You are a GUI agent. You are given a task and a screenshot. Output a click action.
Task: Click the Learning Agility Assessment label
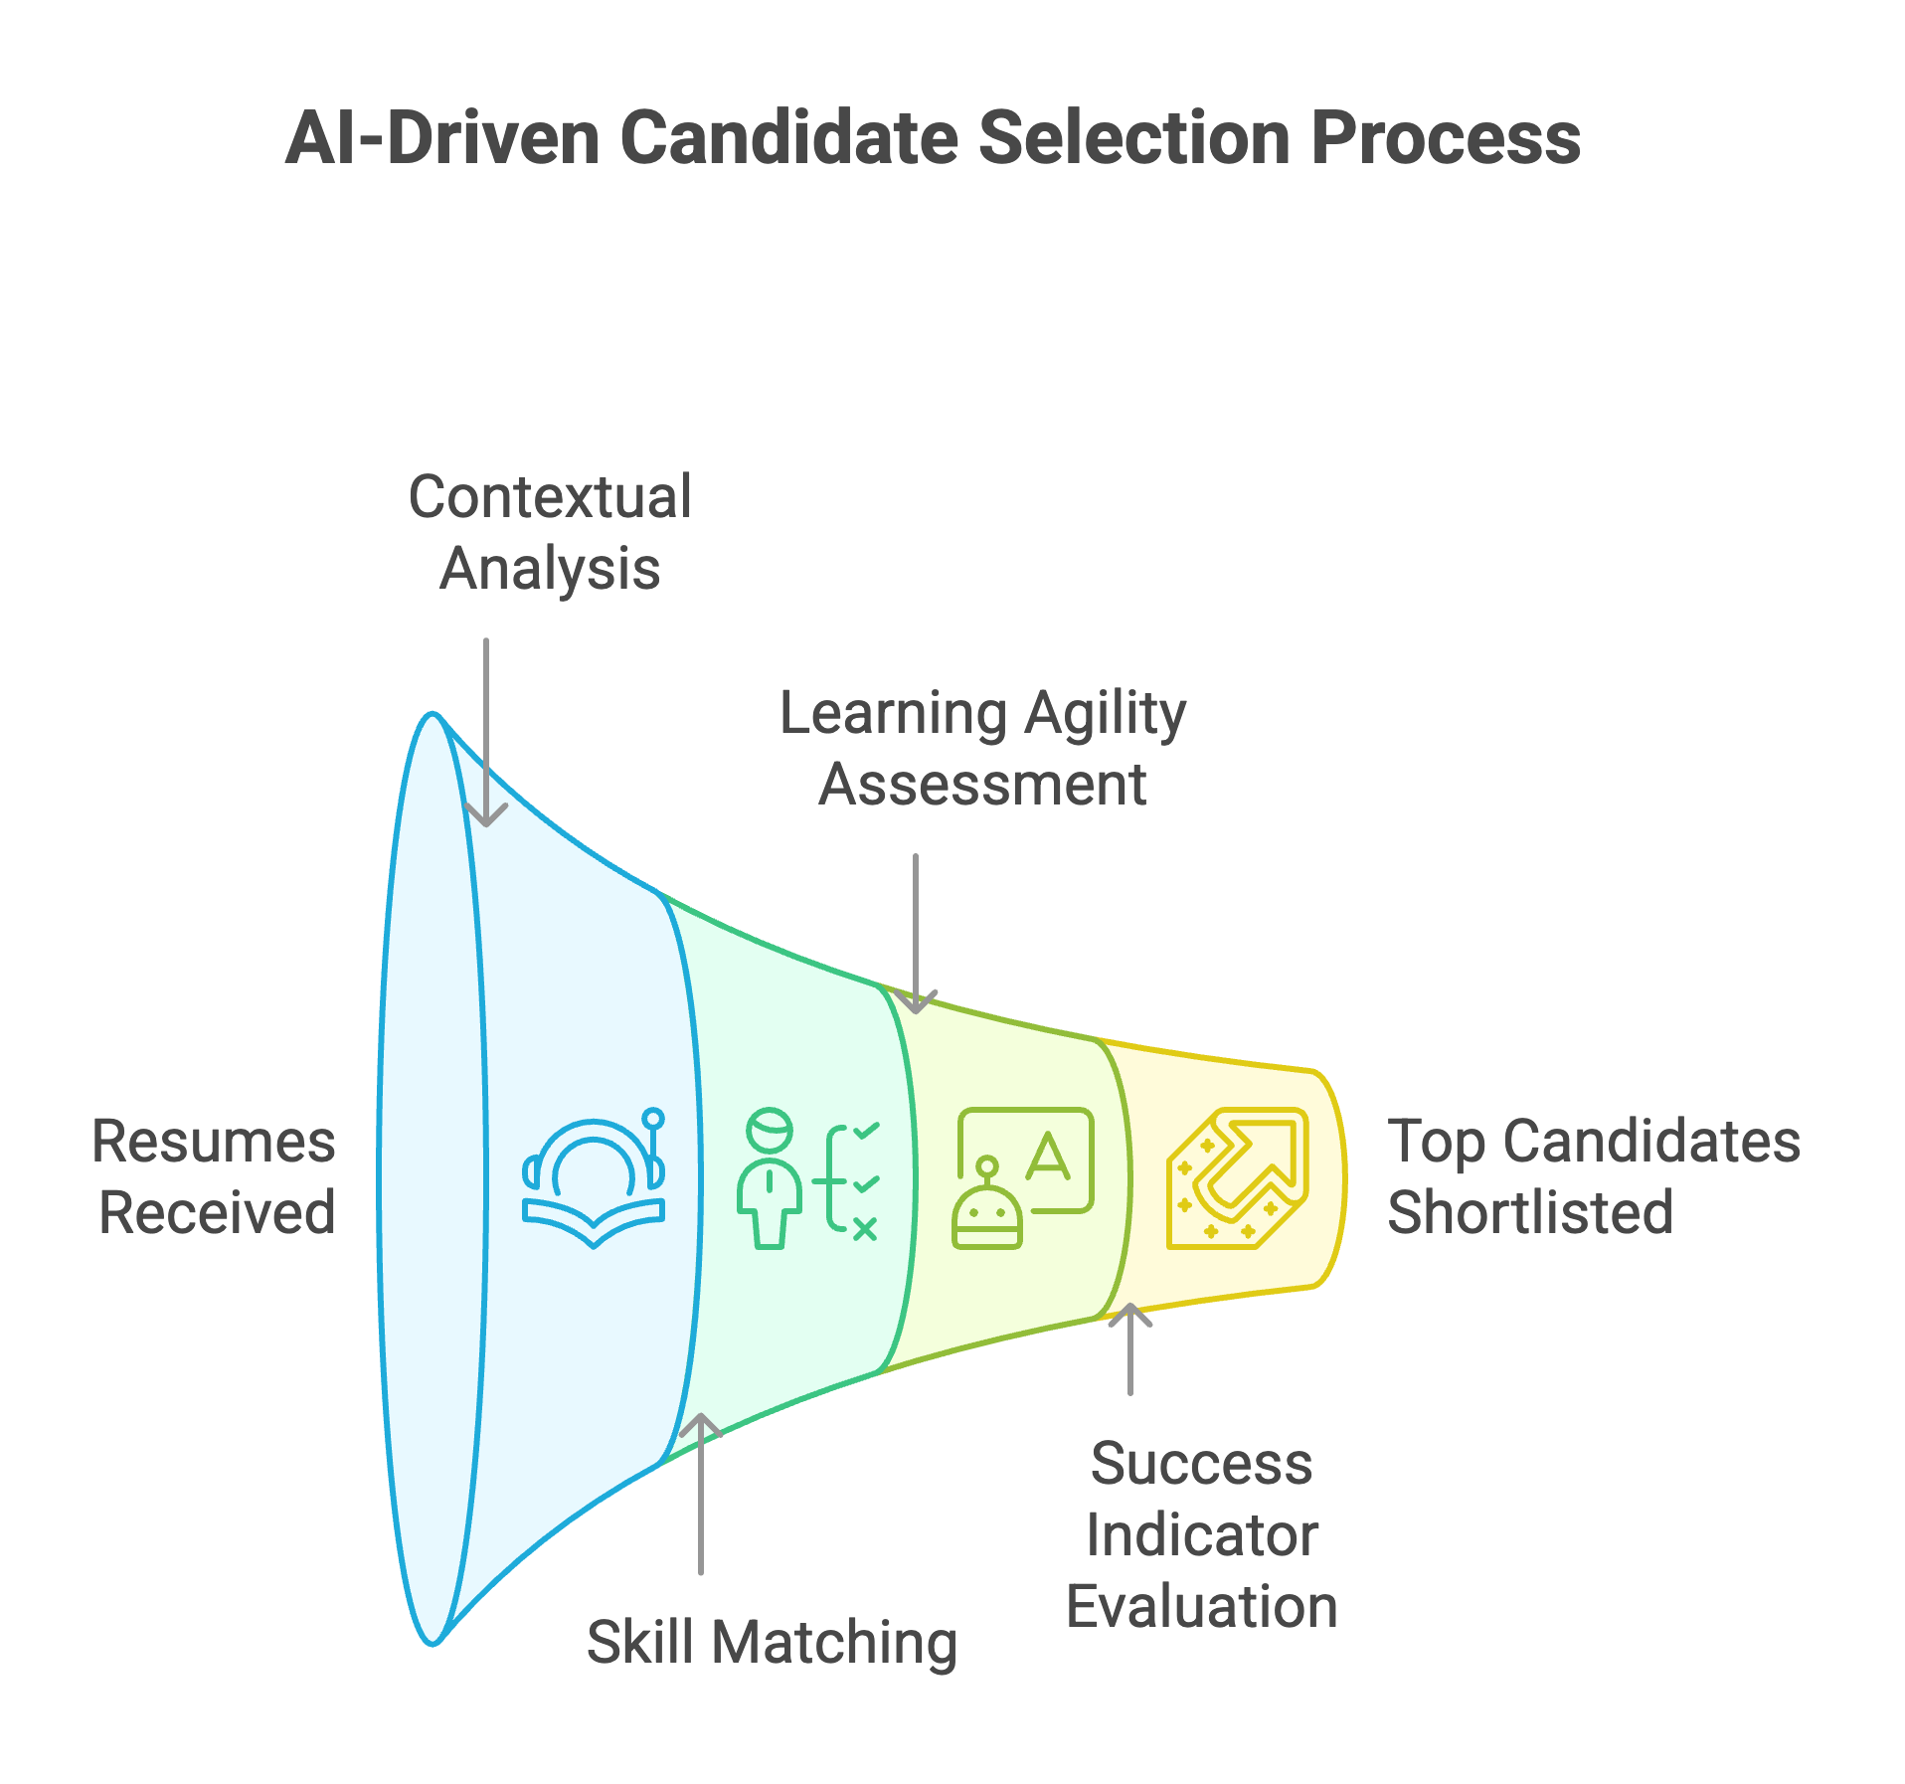[x=982, y=748]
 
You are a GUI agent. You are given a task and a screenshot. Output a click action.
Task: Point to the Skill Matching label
[x=772, y=1642]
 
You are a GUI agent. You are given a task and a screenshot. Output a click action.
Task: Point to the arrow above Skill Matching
[x=701, y=1492]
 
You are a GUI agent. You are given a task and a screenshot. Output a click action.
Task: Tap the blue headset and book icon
[x=595, y=1177]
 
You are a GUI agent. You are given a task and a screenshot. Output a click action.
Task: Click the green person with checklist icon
[x=808, y=1178]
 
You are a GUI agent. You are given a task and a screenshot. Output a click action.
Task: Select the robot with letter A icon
[x=1023, y=1177]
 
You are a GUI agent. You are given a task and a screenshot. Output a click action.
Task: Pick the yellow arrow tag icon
[x=1237, y=1177]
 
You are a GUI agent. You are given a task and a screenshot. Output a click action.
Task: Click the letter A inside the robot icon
[x=1048, y=1158]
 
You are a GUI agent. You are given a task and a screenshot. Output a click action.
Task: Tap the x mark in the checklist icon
[x=865, y=1229]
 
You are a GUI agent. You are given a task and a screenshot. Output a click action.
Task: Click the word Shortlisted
[x=1530, y=1212]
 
